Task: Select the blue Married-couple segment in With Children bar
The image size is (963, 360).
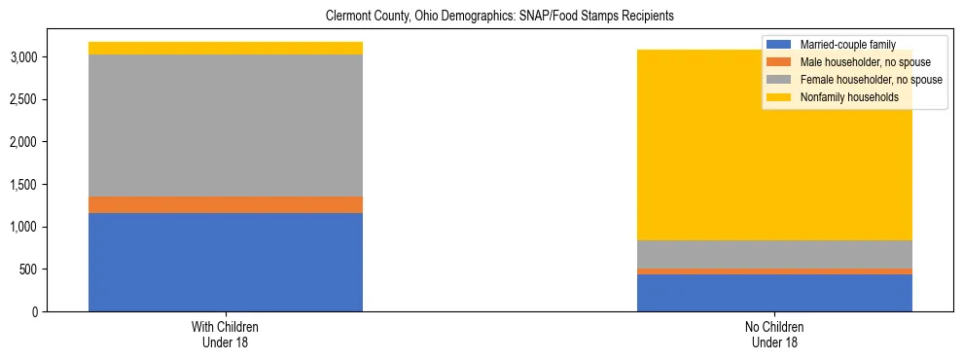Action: [226, 262]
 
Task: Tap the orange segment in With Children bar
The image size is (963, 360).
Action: [226, 204]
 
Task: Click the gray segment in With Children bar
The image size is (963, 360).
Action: [226, 126]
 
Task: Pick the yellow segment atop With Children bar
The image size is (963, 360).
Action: [226, 48]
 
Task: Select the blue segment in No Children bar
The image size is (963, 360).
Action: [774, 293]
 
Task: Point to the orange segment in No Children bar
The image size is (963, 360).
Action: [774, 271]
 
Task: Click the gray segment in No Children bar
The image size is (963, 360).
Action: [774, 254]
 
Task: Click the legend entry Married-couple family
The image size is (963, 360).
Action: [847, 45]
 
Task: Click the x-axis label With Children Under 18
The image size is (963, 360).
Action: [226, 334]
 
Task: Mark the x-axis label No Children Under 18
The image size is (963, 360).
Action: [774, 334]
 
